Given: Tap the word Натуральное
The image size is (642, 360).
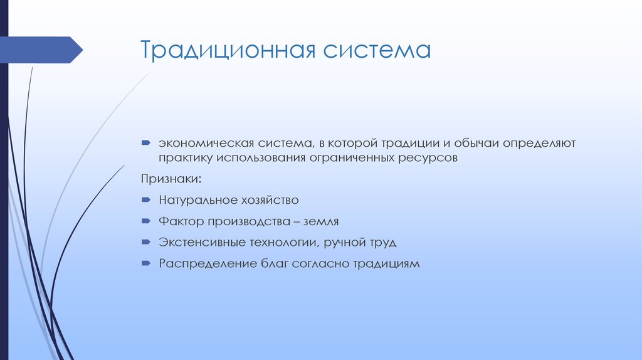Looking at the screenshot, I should click(196, 200).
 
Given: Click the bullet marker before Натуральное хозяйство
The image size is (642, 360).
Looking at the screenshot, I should click(145, 200).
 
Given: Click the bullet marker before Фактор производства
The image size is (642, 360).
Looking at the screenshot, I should click(145, 221).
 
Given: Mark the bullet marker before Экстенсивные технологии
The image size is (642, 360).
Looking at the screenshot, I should click(145, 242).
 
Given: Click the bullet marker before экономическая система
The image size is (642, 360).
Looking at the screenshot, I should click(145, 144).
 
